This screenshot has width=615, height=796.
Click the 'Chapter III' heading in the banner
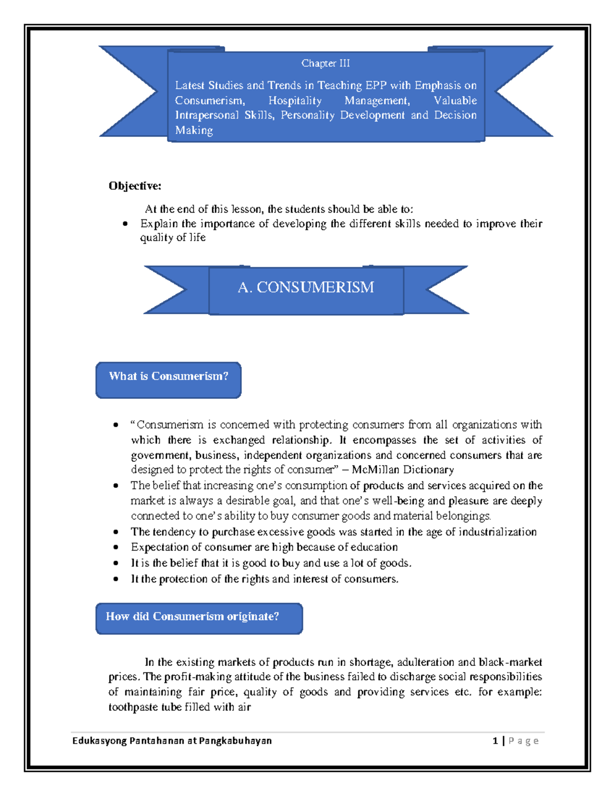tap(325, 63)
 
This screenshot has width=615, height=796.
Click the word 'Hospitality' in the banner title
tap(295, 100)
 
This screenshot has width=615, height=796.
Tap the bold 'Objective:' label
tap(135, 186)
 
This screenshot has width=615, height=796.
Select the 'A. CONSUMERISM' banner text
tap(306, 287)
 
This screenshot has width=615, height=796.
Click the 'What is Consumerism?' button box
tap(168, 379)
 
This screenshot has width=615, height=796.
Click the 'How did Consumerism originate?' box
tap(199, 618)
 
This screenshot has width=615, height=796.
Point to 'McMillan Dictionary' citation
tap(402, 470)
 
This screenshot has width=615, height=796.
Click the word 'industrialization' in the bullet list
tap(497, 532)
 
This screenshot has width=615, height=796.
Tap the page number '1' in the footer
tap(495, 741)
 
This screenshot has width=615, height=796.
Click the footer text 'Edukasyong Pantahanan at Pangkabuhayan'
tap(172, 741)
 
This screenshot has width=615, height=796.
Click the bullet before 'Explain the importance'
tap(125, 224)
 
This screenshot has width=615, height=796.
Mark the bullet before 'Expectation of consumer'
tap(116, 547)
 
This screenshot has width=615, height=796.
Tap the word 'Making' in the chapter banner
tap(194, 130)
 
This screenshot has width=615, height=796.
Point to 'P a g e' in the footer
tap(523, 741)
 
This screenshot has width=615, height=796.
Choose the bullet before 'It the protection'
tap(116, 579)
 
